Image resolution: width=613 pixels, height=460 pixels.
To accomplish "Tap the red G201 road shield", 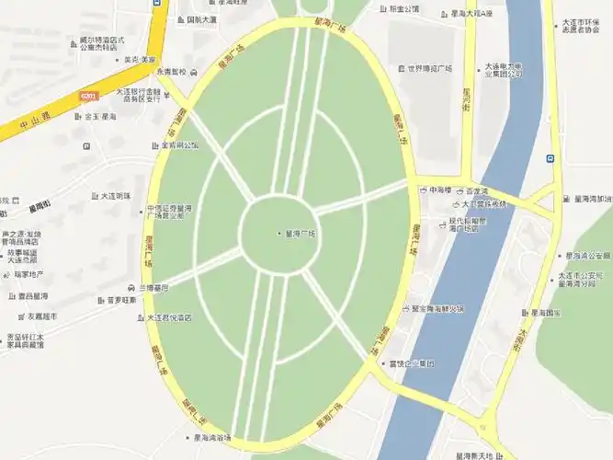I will pos(87,95).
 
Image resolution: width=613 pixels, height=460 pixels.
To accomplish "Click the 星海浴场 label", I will pos(212,437).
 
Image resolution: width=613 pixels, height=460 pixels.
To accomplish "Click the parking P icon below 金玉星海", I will pos(86,145).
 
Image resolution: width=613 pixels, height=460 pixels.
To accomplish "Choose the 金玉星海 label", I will pos(98,117).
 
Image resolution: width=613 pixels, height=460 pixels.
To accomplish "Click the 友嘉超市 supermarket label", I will pos(40,316).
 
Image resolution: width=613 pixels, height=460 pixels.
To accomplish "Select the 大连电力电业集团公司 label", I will pos(504,70).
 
